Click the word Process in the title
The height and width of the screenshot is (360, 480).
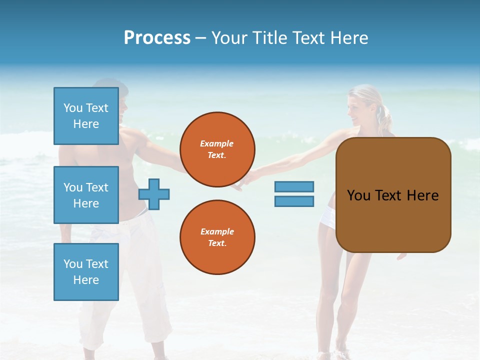[157, 38]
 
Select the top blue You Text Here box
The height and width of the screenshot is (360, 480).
[86, 116]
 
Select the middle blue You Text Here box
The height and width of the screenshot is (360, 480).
[86, 195]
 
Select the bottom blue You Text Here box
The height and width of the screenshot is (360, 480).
[86, 272]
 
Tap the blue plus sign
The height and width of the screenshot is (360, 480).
[154, 194]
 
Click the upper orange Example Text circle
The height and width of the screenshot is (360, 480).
[217, 149]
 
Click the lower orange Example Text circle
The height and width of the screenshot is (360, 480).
[217, 237]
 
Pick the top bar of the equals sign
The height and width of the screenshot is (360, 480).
[294, 186]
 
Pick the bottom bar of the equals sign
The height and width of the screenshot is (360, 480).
[294, 201]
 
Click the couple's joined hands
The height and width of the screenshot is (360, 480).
[243, 183]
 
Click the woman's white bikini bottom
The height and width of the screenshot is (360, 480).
[328, 218]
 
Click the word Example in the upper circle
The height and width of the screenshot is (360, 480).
[217, 143]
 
